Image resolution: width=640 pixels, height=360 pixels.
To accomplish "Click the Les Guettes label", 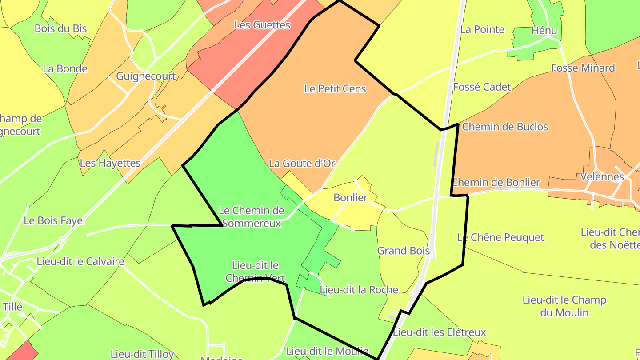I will (x=262, y=25).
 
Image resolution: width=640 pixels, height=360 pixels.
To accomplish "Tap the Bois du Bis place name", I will (x=60, y=29).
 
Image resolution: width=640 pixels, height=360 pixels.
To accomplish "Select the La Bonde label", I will (x=65, y=69).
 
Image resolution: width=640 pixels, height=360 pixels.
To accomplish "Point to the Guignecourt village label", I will (x=146, y=76).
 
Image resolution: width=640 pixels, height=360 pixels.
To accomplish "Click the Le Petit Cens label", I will (x=335, y=89).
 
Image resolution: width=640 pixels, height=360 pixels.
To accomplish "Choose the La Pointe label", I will (x=482, y=30).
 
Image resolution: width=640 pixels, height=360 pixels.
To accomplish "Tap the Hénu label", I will (x=544, y=31).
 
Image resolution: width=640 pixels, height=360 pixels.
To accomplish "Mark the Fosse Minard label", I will (x=583, y=68).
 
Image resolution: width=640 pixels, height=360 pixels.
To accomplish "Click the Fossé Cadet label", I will (x=482, y=87).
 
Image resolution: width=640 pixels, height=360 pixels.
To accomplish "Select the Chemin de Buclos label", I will (x=505, y=127).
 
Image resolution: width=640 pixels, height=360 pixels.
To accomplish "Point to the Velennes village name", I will (x=602, y=177).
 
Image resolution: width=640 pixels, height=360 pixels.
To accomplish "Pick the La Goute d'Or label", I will (x=302, y=164).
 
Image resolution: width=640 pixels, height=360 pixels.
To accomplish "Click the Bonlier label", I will (x=351, y=198).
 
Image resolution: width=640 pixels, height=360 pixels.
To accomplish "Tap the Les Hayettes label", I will (x=110, y=163).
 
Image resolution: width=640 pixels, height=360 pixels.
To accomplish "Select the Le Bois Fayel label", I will (x=54, y=220).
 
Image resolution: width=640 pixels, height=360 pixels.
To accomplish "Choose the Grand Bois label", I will (x=404, y=251).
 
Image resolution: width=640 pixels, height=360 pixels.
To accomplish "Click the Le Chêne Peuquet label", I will (x=500, y=237).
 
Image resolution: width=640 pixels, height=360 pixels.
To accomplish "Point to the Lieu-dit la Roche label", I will (x=359, y=290).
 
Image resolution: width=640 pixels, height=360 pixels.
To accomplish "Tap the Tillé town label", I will (x=12, y=307).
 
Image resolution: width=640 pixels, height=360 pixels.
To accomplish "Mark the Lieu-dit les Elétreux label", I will (x=440, y=332).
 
